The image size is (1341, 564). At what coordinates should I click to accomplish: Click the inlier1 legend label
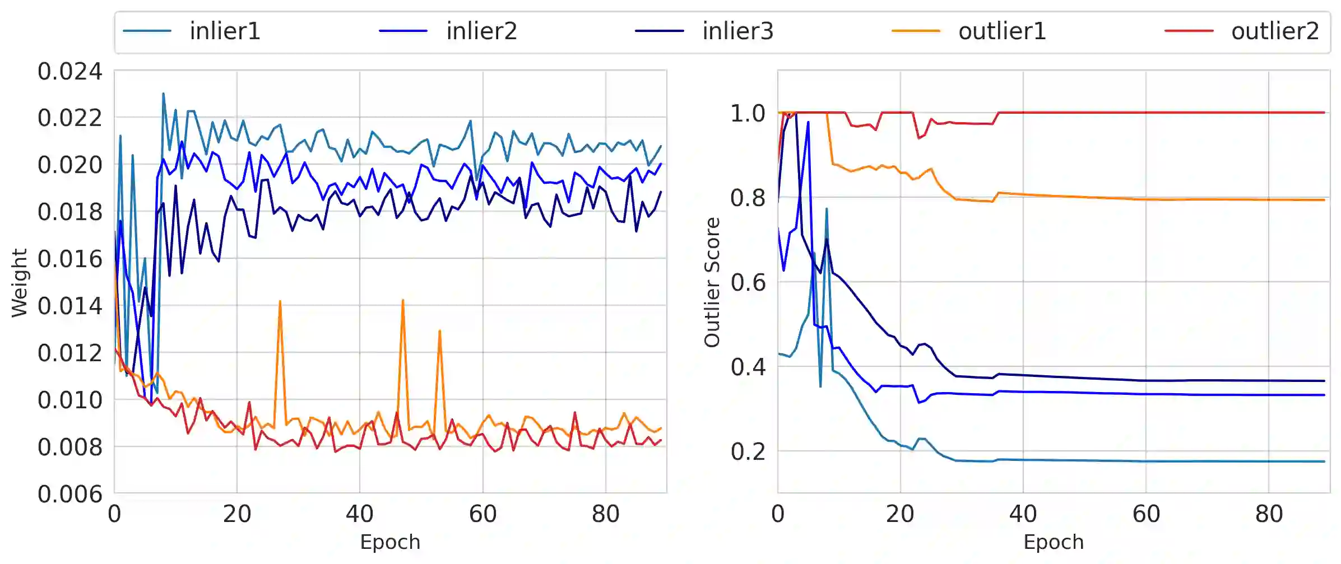pos(225,31)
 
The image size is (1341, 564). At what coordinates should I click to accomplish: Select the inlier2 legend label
pos(481,31)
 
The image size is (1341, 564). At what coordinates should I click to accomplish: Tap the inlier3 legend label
pos(737,31)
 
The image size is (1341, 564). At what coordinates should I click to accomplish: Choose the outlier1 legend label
pos(1002,31)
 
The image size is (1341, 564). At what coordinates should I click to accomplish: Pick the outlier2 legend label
pos(1275,31)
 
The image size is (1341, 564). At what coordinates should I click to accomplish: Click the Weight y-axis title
pos(20,283)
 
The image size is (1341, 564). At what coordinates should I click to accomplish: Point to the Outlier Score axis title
pos(712,283)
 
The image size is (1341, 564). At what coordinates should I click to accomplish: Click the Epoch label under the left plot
pos(390,542)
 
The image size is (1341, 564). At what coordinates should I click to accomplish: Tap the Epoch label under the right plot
pos(1054,542)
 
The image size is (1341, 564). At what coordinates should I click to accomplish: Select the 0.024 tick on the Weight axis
pos(70,72)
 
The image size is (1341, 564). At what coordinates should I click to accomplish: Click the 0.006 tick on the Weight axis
pos(70,494)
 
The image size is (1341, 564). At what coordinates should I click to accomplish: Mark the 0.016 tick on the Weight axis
pos(70,259)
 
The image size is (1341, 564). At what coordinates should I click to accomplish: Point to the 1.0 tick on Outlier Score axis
pos(748,113)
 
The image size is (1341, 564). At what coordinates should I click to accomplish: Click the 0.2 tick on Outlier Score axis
pos(748,451)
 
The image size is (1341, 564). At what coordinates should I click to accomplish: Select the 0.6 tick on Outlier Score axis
pos(748,282)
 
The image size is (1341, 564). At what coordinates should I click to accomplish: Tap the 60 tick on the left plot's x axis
pos(482,514)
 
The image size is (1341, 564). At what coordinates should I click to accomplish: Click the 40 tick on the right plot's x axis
pos(1023,514)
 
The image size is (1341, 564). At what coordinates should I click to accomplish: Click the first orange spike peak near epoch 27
pos(280,301)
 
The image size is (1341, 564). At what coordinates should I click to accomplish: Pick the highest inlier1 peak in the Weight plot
pos(163,94)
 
